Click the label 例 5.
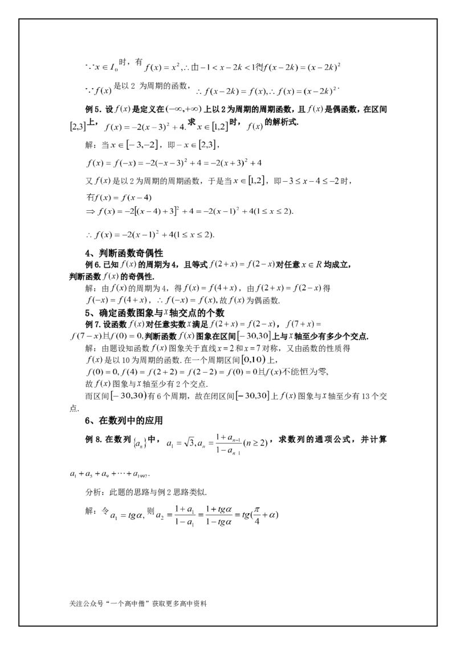[93, 109]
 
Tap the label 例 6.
[93, 265]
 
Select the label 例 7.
[93, 324]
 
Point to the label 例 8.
[93, 439]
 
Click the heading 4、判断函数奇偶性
[124, 254]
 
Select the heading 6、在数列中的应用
[124, 421]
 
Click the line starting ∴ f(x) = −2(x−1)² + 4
[150, 235]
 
